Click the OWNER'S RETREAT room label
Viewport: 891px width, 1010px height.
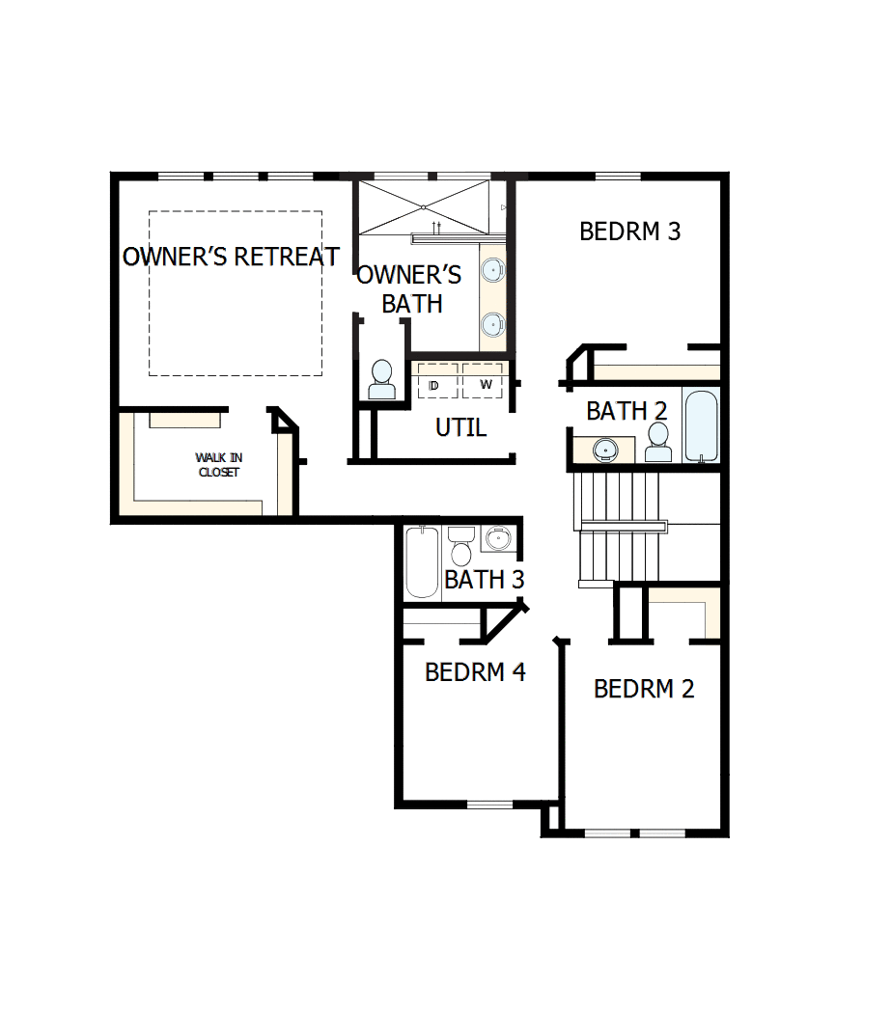point(231,257)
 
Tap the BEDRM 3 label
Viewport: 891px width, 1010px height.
point(629,232)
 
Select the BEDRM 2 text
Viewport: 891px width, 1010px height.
point(644,689)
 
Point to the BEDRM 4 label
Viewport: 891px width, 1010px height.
point(475,671)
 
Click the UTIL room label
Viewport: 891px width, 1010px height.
point(460,427)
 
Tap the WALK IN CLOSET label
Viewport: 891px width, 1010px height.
point(218,465)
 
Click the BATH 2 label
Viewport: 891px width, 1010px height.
point(626,411)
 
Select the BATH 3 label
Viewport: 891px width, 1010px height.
point(484,580)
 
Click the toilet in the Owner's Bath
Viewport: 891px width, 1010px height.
point(382,379)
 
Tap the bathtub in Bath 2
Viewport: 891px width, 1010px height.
point(701,425)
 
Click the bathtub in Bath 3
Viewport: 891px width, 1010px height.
point(422,562)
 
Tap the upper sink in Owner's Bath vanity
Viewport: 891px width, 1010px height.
point(493,269)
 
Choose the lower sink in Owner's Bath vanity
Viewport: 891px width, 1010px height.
point(493,324)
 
